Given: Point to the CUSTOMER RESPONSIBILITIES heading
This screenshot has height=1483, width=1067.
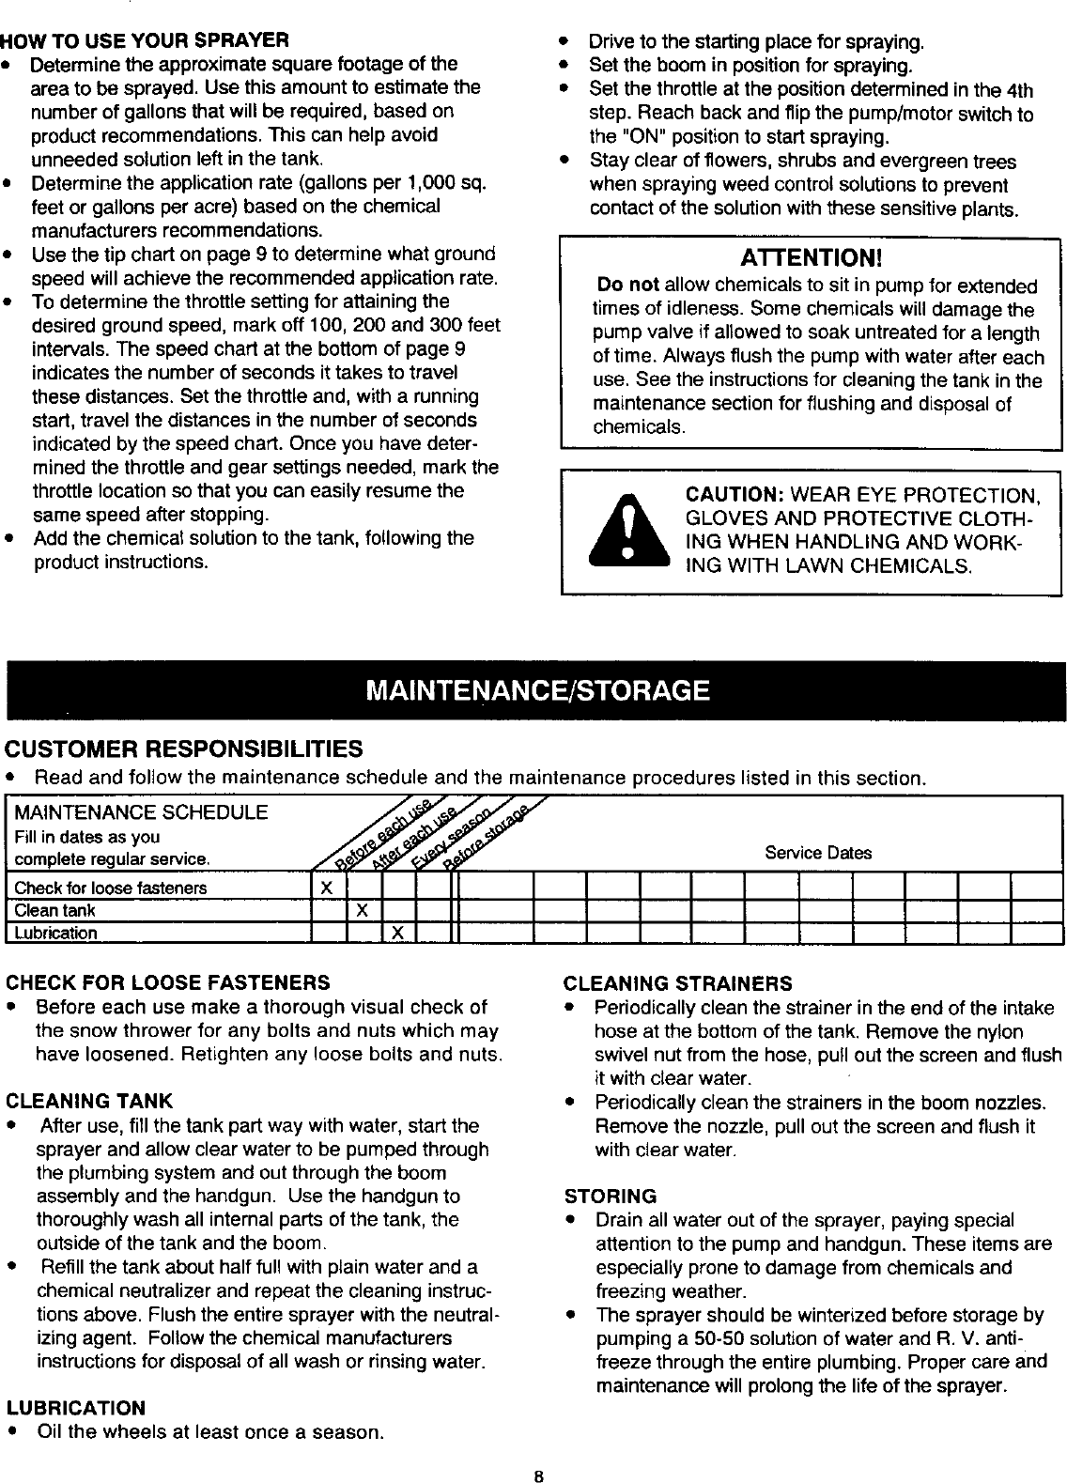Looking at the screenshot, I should point(184,749).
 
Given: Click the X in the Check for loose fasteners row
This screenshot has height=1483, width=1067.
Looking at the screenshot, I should point(326,888).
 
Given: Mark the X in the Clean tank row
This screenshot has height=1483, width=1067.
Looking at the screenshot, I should point(362,910).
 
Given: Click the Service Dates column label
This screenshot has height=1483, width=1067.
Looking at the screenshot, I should point(817,853).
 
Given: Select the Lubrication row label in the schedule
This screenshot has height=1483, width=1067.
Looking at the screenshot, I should point(55,933).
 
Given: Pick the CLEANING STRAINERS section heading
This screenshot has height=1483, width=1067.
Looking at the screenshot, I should point(677,983).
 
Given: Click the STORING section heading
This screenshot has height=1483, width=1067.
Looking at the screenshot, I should point(610,1197).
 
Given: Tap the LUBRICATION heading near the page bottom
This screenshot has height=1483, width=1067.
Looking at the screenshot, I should point(76,1408).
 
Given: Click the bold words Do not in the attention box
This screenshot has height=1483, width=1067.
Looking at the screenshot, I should point(628,286).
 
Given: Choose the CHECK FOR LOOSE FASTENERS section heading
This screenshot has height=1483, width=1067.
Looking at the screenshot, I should point(168,983).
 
